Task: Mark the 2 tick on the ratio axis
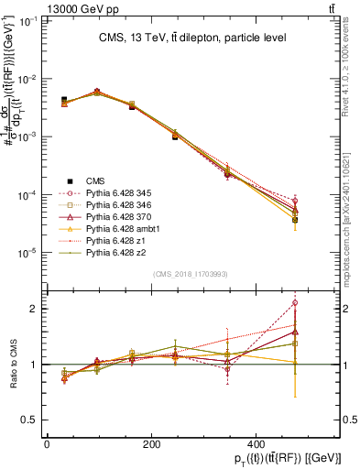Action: point(34,309)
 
